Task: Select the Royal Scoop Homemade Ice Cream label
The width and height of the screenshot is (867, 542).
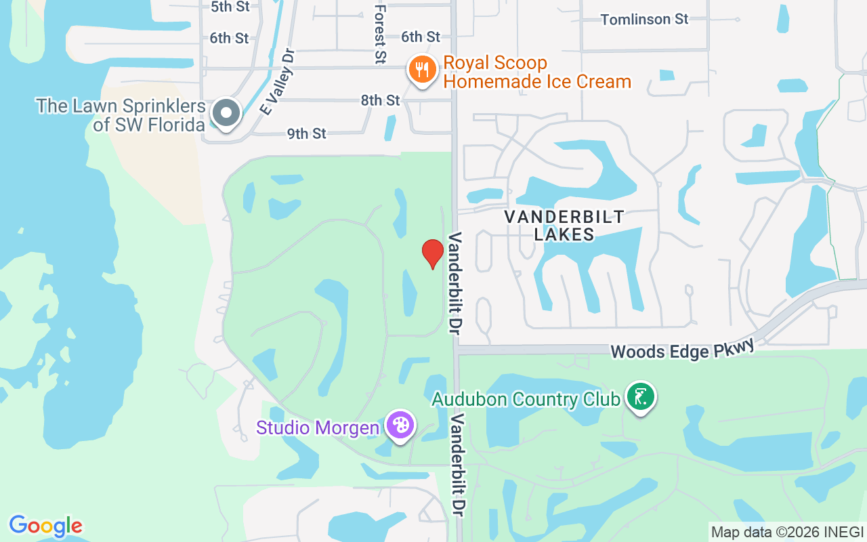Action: pos(537,72)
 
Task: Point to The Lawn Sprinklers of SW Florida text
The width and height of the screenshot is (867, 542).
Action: pos(121,115)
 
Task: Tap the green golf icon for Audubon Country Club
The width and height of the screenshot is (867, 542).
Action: pos(640,397)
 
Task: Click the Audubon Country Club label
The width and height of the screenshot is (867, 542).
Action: pos(526,399)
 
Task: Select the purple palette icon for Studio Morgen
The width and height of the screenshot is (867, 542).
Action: pos(400,426)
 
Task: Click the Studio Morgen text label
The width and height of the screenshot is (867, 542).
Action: pos(317,428)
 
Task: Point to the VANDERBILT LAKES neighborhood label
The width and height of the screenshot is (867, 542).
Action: pos(564,226)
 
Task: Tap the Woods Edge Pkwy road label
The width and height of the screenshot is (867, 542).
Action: pos(682,350)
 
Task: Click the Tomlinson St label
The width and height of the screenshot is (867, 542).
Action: pos(644,19)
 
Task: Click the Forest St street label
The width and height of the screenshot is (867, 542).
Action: pos(380,34)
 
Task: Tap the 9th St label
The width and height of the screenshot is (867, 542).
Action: pos(307,133)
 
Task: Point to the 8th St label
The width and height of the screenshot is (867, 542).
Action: pos(380,100)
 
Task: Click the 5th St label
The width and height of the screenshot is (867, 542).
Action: pos(230,7)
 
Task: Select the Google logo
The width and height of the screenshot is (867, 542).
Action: pos(45,526)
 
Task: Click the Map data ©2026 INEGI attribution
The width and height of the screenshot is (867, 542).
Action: pos(787,532)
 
